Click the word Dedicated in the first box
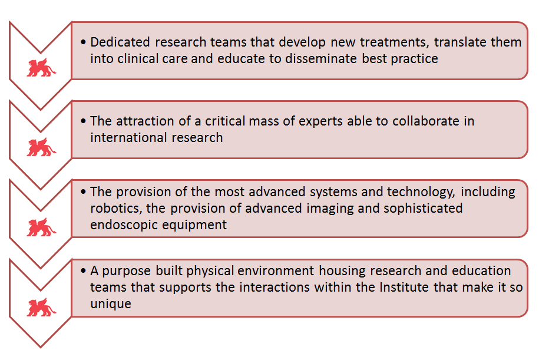click(x=120, y=42)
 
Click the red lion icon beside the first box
click(x=41, y=67)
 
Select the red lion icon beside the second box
click(x=41, y=147)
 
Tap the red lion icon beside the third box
click(x=41, y=227)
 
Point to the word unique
click(x=111, y=304)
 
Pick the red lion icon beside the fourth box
click(x=41, y=307)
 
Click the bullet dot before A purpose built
click(x=83, y=271)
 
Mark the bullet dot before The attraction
click(x=83, y=121)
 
